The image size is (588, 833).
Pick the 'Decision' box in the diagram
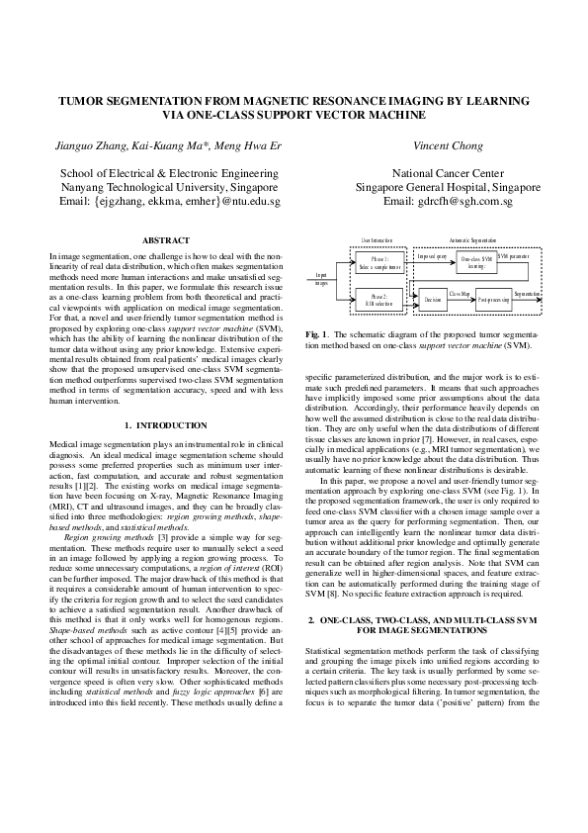tap(431, 297)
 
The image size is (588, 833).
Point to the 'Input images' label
tap(321, 279)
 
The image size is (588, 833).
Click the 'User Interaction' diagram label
tap(377, 240)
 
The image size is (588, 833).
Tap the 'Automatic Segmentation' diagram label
tap(472, 240)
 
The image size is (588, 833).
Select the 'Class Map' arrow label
tap(460, 293)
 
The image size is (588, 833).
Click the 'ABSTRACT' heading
tap(167, 240)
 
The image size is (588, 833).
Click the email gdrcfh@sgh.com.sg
tap(448, 201)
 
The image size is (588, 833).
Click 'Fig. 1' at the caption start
tap(317, 335)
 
